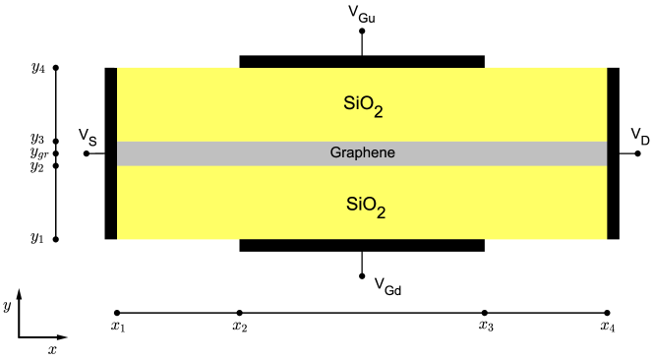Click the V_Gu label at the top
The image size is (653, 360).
(x=362, y=15)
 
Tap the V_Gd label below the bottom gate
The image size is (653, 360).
(x=387, y=287)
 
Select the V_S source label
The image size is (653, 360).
(x=88, y=137)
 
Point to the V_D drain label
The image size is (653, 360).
(x=640, y=137)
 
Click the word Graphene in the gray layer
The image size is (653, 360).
(x=362, y=152)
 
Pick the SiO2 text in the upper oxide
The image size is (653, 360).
(x=363, y=105)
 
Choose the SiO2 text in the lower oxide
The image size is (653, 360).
(x=365, y=206)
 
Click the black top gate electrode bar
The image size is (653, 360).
(x=362, y=62)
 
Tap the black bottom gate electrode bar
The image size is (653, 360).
(x=362, y=245)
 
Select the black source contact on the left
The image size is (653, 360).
(x=111, y=153)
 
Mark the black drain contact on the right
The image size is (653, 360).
(x=613, y=153)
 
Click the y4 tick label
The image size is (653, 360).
(x=38, y=68)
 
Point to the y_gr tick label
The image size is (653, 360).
(x=38, y=153)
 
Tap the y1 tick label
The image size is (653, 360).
(x=38, y=238)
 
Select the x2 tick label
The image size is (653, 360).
(x=239, y=327)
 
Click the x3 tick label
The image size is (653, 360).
(x=485, y=327)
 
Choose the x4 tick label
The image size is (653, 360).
(x=608, y=327)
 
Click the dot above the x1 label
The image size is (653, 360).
(x=117, y=313)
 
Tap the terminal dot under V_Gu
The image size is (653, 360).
(x=362, y=31)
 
